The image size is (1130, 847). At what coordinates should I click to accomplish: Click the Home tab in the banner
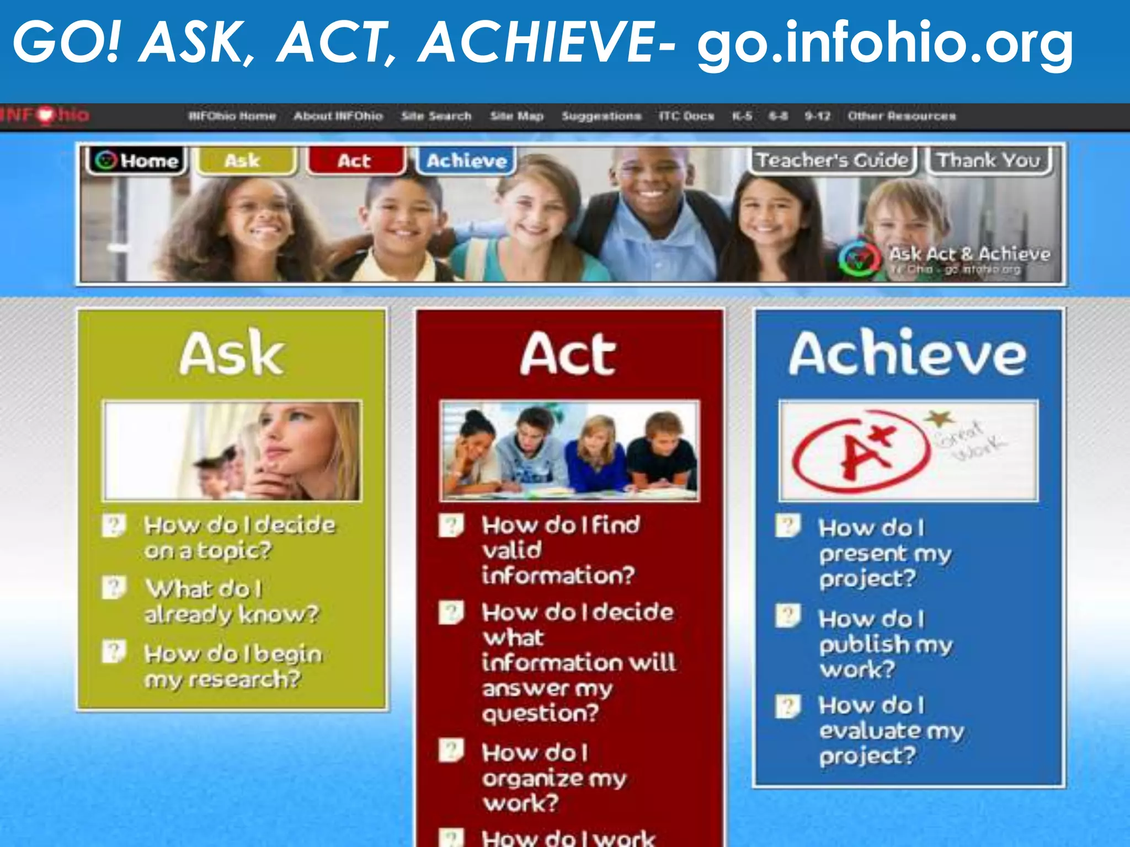[x=137, y=160]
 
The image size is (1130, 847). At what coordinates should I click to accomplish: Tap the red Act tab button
[x=355, y=160]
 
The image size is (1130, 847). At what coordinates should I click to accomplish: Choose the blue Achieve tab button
[x=466, y=160]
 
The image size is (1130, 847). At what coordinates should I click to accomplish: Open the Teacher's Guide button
[x=832, y=160]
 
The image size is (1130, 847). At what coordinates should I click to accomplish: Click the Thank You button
[x=988, y=160]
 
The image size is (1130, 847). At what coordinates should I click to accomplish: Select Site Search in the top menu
[x=436, y=116]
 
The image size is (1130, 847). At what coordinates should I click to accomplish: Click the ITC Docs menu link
[x=686, y=116]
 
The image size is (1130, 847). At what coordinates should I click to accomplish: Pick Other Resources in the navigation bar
[x=902, y=116]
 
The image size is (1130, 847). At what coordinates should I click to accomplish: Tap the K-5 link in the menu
[x=742, y=116]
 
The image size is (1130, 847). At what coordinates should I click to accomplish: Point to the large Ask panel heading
[x=232, y=354]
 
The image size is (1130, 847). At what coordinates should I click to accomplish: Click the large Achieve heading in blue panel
[x=908, y=354]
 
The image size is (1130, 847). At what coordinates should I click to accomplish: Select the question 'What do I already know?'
[x=231, y=602]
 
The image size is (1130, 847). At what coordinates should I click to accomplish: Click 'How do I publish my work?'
[x=885, y=644]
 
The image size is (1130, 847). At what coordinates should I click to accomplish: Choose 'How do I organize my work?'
[x=553, y=778]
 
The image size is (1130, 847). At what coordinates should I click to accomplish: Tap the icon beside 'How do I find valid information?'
[x=451, y=525]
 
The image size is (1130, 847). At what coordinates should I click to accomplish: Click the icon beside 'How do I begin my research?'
[x=114, y=651]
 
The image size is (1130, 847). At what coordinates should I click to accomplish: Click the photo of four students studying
[x=569, y=451]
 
